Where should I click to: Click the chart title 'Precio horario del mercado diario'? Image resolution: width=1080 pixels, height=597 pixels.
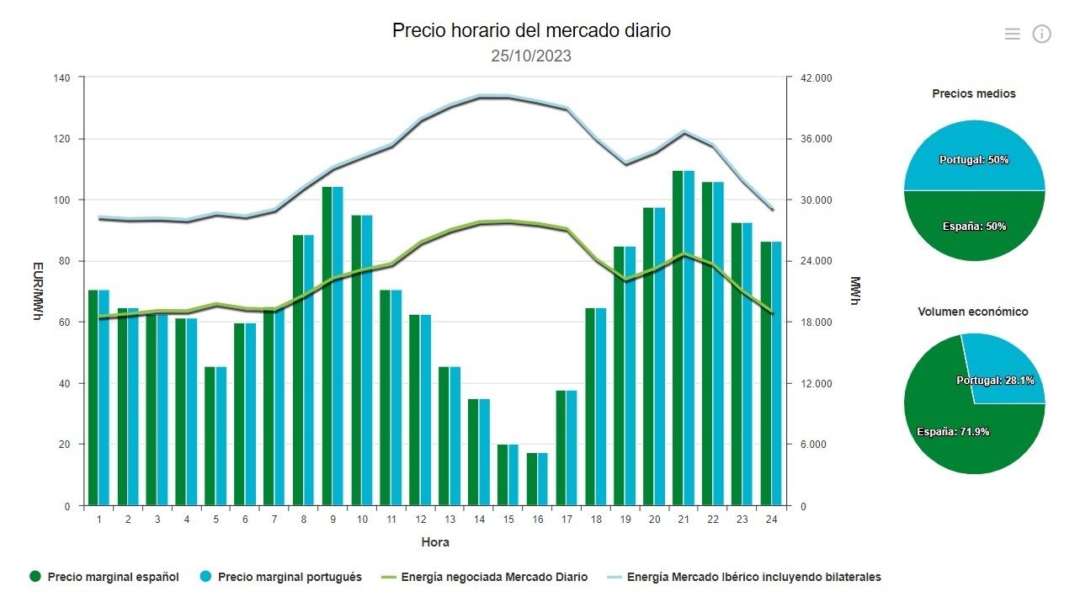[531, 30]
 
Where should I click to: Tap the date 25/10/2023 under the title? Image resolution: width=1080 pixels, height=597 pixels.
[531, 56]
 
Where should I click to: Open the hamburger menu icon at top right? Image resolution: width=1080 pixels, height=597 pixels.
[1012, 34]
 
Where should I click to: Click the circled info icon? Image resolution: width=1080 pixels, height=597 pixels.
[1041, 34]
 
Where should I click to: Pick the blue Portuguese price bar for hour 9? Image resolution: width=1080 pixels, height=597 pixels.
[338, 346]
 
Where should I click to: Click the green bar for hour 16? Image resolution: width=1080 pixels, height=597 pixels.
[532, 479]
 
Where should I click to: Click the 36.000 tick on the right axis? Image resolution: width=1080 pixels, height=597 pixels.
[815, 139]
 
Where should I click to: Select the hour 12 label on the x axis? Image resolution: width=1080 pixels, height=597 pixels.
[420, 520]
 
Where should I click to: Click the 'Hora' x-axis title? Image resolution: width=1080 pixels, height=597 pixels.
[435, 542]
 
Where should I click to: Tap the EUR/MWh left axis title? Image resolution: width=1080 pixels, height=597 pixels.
[38, 291]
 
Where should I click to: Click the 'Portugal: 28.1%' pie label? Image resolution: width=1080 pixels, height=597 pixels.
[995, 381]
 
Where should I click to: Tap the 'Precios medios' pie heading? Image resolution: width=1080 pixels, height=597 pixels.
[974, 93]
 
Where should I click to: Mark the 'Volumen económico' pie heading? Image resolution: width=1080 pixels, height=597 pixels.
[973, 312]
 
